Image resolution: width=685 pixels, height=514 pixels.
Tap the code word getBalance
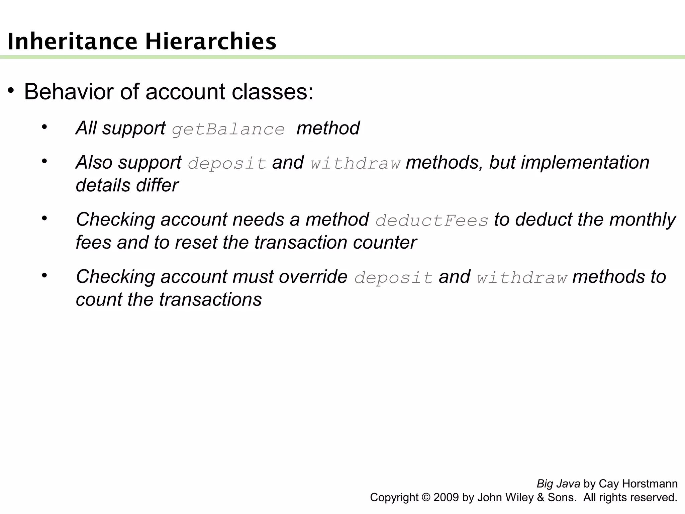(x=228, y=129)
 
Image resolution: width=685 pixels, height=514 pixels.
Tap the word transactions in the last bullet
(x=210, y=299)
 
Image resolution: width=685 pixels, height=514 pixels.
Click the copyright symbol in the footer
(x=426, y=497)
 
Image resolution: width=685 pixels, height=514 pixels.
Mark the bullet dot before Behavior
(x=11, y=90)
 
